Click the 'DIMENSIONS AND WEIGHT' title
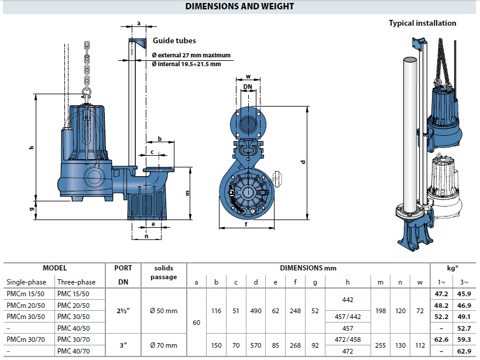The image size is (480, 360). click(x=239, y=6)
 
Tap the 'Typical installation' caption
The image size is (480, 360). click(x=423, y=23)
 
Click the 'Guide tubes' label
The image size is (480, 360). click(x=174, y=41)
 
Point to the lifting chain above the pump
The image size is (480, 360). click(x=87, y=64)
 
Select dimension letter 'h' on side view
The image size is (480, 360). click(x=32, y=149)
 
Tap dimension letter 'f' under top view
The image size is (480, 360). click(x=246, y=224)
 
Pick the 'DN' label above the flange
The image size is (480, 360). click(x=248, y=86)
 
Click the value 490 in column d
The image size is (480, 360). click(x=256, y=311)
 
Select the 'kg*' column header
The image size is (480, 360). click(x=453, y=268)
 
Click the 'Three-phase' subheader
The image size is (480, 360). click(x=76, y=282)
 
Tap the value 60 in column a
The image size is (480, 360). click(x=196, y=321)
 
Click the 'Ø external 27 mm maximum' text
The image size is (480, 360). click(x=191, y=55)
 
